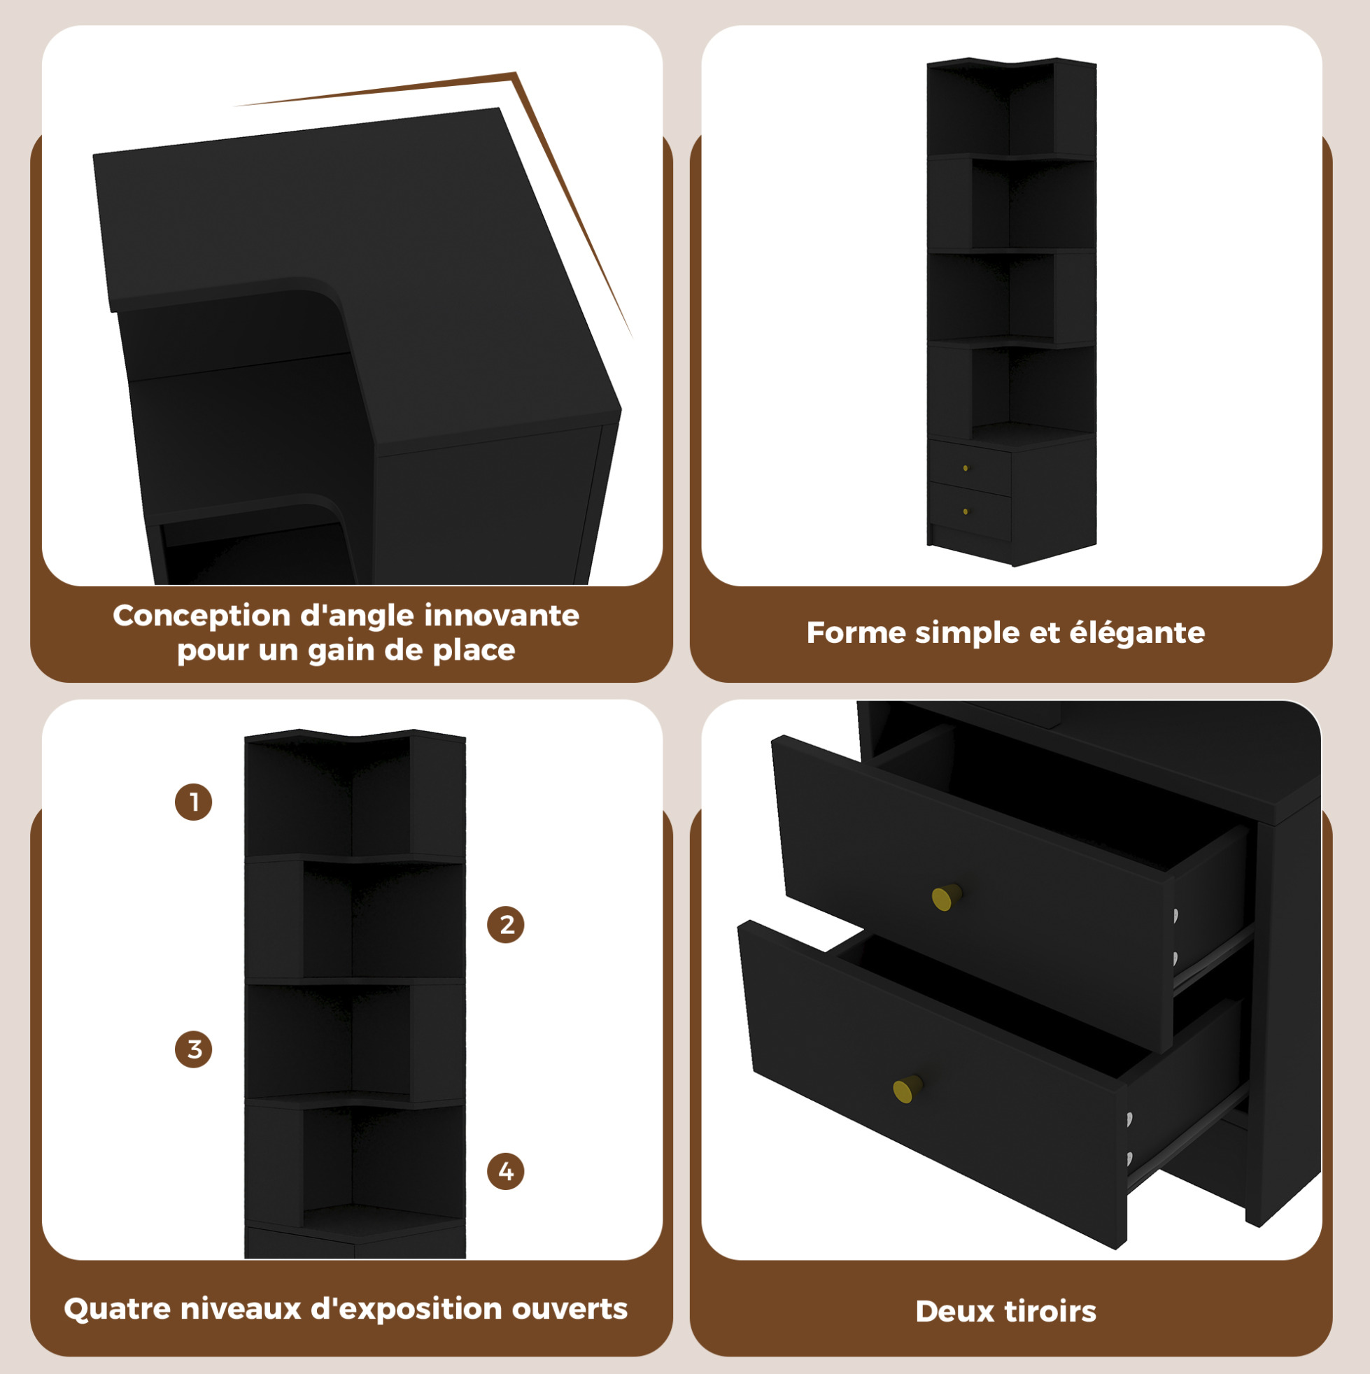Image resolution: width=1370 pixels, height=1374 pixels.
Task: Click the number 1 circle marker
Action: [194, 802]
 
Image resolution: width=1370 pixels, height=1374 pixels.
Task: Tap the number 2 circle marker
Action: [506, 925]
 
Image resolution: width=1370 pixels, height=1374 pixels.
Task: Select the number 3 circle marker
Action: [194, 1049]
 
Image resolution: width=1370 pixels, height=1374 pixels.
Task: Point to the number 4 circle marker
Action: [506, 1171]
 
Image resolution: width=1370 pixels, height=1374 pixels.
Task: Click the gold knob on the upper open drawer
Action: [947, 897]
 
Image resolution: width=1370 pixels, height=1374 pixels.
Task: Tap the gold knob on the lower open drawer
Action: [907, 1089]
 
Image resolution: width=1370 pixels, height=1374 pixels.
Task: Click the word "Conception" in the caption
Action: [202, 616]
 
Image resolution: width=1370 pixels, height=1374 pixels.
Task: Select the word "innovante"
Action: [502, 615]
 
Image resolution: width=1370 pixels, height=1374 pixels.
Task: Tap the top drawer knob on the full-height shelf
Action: [966, 468]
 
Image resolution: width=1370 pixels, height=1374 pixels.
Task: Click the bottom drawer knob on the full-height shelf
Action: [966, 511]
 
